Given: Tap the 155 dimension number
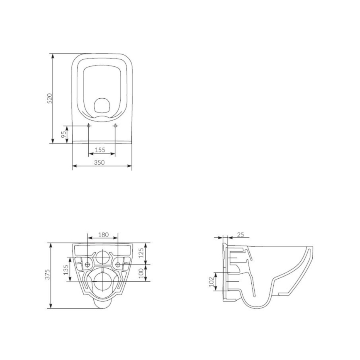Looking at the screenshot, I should (x=100, y=150).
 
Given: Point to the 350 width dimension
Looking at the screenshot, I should (x=99, y=163).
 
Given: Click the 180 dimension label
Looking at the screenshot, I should (x=103, y=235).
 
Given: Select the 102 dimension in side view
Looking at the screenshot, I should (x=212, y=282).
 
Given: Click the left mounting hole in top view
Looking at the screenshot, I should (x=89, y=126).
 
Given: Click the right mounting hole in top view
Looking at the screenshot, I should (x=115, y=126).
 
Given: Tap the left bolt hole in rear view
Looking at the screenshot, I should (x=88, y=264).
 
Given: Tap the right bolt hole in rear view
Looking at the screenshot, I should (x=118, y=264).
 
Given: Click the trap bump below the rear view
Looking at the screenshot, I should (x=102, y=304).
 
